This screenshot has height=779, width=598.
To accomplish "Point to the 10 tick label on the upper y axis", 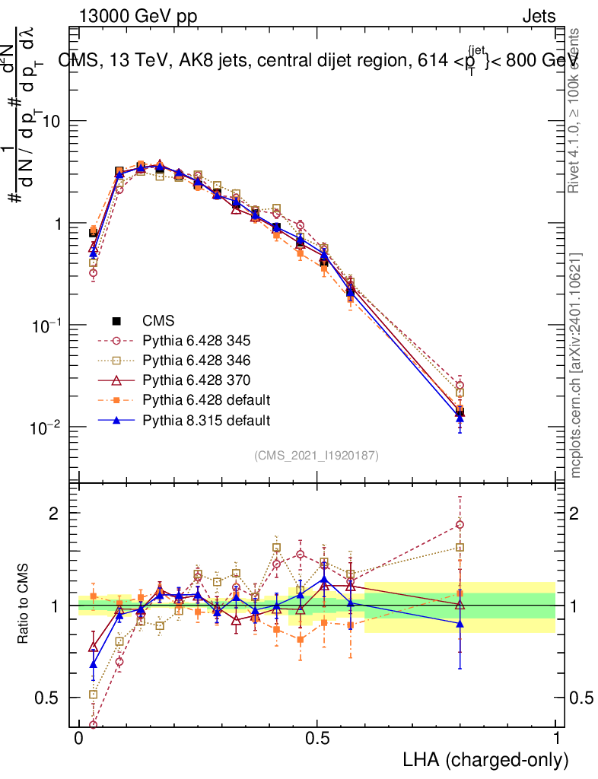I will click(50, 122).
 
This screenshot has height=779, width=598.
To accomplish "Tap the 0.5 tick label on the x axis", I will click(318, 739).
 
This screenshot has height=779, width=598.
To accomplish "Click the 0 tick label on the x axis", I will click(79, 739).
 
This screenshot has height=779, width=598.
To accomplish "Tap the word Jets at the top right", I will click(538, 16).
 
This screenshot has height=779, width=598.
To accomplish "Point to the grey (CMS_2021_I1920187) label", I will click(316, 455).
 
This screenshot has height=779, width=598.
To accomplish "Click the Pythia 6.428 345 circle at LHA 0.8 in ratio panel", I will click(460, 524).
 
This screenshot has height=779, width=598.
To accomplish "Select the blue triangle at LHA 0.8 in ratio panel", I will click(460, 624).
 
